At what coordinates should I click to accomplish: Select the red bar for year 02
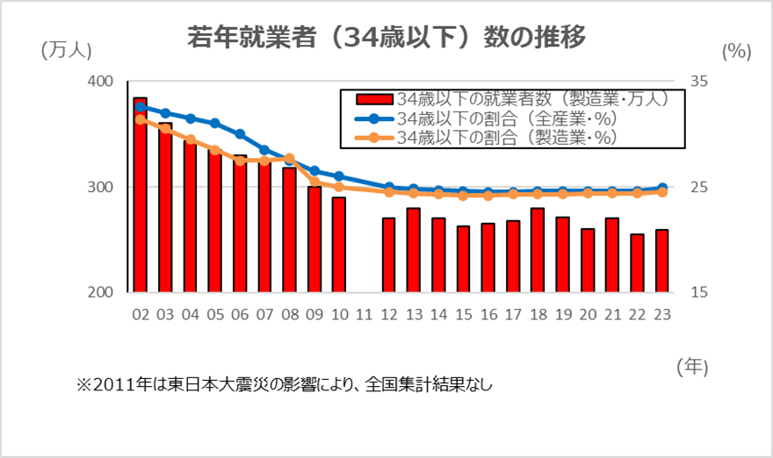140,195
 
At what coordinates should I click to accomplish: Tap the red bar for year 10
338,245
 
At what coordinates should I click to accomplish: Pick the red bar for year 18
538,250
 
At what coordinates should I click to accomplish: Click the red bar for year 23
662,261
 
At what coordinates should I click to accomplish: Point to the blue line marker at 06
240,134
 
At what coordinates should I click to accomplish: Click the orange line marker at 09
314,182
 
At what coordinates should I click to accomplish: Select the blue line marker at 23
662,188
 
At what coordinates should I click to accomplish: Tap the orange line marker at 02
140,119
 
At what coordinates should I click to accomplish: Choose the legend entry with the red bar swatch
505,98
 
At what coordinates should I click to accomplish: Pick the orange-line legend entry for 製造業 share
505,137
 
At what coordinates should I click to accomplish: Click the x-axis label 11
364,314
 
